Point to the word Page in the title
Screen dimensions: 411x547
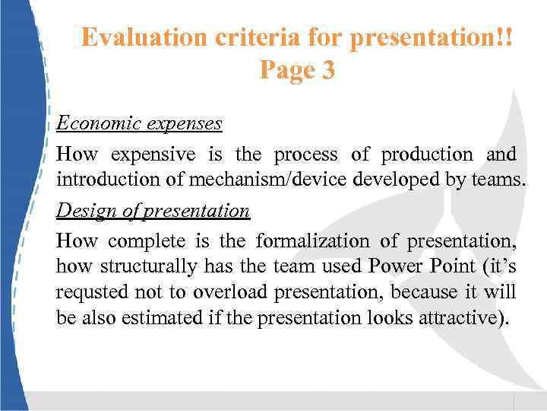click(286, 70)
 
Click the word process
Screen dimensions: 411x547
click(305, 155)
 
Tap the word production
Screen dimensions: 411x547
click(426, 155)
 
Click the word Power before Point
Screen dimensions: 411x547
click(396, 267)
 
